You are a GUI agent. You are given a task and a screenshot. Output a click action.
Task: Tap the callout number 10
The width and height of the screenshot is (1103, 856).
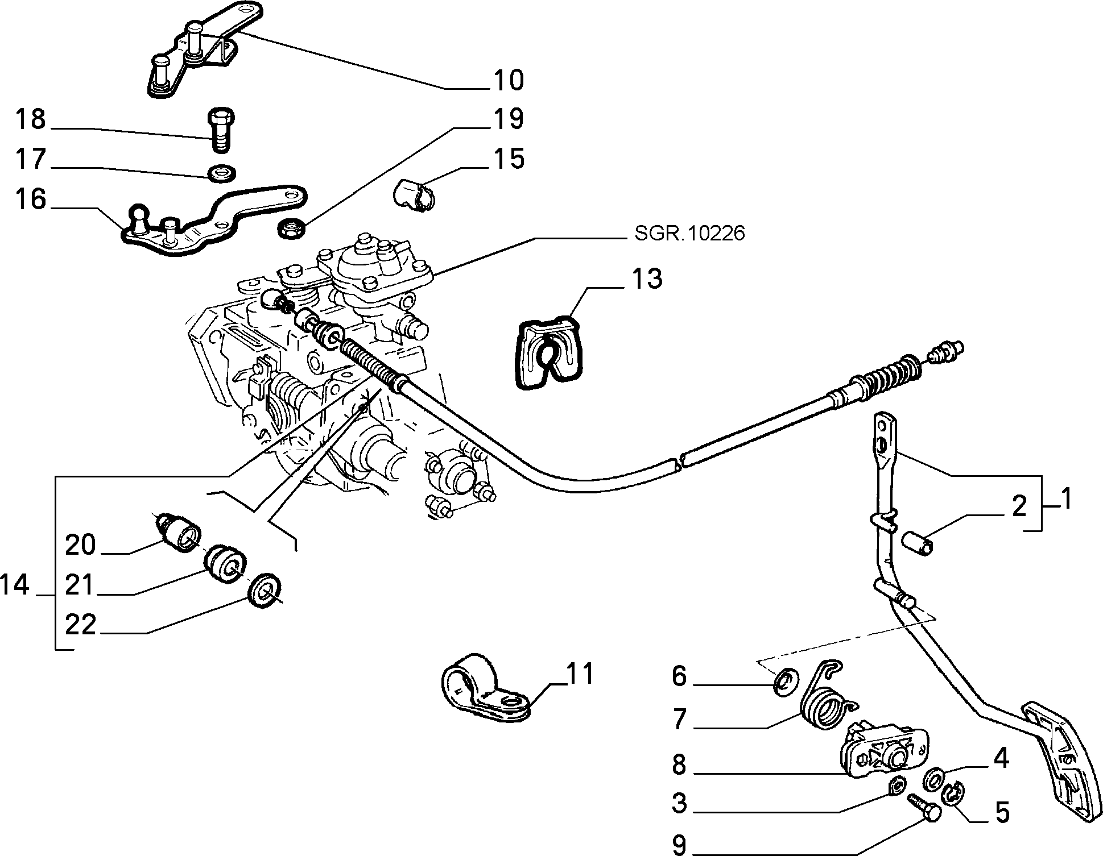point(509,80)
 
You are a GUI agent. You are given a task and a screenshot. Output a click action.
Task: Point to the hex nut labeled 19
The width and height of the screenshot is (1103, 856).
point(291,228)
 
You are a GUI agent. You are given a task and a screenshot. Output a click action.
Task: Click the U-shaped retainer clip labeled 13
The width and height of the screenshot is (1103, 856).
point(549,353)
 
